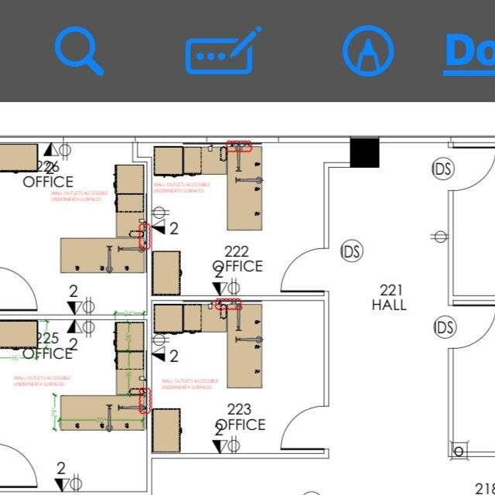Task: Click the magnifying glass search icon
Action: [x=78, y=50]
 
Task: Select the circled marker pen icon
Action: [x=368, y=51]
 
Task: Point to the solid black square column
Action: [x=365, y=152]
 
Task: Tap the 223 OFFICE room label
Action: [x=241, y=418]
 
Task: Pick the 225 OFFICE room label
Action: [x=47, y=346]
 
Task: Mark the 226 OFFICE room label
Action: [x=47, y=175]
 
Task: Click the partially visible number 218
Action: [x=484, y=487]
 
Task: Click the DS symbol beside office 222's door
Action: [x=352, y=251]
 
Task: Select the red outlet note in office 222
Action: [x=181, y=187]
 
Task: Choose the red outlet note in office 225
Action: [x=42, y=381]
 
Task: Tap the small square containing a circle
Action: [x=459, y=451]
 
